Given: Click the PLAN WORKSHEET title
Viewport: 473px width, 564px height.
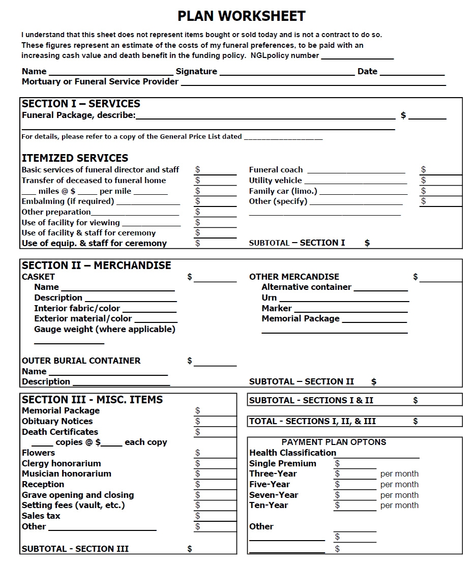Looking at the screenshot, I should coord(241,16).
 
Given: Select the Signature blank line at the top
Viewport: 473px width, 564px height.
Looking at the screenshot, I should coord(286,72).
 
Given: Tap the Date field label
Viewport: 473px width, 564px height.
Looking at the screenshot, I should coord(367,72).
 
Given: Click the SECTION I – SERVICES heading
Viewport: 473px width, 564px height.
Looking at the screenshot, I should coord(81,104).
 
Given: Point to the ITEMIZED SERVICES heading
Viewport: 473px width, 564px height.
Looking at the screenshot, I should coord(75,158).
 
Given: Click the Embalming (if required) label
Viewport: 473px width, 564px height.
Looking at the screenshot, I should coord(68,201).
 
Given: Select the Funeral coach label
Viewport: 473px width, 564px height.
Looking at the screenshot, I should coord(276,170).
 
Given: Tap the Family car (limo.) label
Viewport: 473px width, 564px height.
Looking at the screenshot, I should coord(283,191).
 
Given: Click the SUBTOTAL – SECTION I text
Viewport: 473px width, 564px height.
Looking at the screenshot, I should coord(297,243).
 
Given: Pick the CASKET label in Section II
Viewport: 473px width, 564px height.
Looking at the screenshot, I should coord(38,277).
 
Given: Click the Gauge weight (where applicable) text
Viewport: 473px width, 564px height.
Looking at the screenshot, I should coord(104,329).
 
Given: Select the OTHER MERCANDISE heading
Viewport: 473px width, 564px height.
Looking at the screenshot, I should coord(294,277).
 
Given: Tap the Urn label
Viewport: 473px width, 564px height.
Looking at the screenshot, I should coord(269,298).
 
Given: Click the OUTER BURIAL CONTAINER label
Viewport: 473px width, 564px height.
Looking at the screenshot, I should coord(81,361).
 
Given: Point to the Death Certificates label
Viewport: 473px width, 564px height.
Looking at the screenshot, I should coord(60,432).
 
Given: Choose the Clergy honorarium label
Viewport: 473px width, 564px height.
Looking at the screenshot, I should coord(61,463).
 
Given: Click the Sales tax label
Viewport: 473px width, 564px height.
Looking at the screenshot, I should coord(41,516).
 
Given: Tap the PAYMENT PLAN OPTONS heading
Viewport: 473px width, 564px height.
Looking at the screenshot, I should coord(334,442).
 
